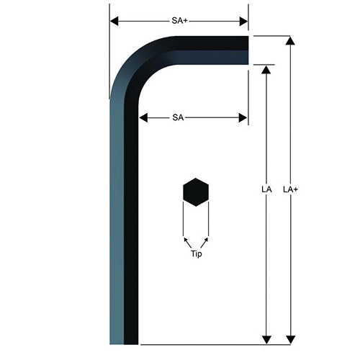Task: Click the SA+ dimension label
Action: pos(179,21)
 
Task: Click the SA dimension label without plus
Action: pos(178,117)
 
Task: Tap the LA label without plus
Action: pos(266,189)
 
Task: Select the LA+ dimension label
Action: pos(290,189)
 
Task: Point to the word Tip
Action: pos(197,253)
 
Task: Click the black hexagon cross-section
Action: pos(196,192)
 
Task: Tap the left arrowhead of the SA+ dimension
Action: pos(114,21)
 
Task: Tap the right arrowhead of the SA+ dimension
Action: pos(243,22)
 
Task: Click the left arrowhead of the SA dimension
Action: pos(143,118)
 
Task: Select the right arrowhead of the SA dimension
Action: pos(243,118)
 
